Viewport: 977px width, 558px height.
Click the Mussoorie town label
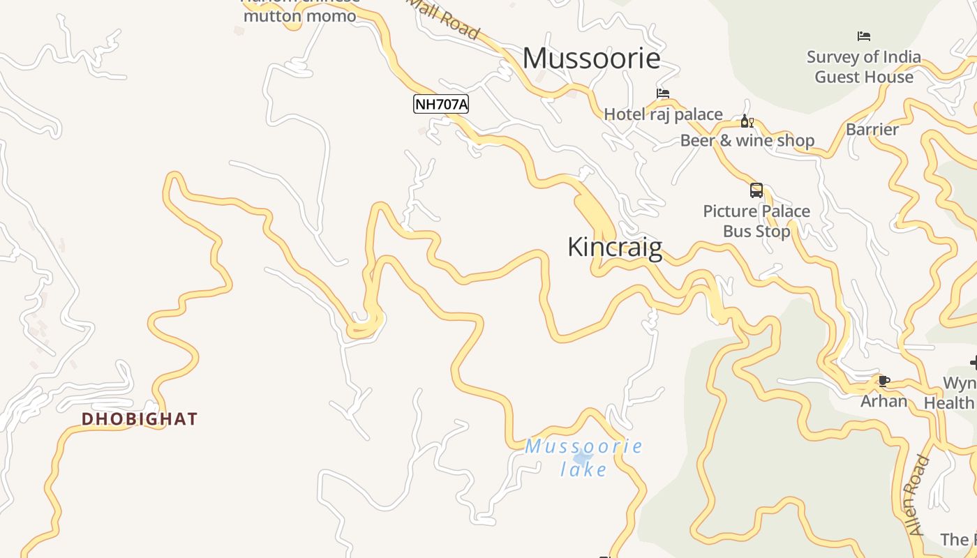click(591, 58)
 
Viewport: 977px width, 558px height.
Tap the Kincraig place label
click(615, 247)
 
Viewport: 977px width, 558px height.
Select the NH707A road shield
click(441, 105)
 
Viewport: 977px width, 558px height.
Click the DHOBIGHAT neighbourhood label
click(140, 419)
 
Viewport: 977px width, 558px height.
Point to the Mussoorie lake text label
click(584, 458)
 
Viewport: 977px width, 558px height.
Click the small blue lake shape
click(581, 458)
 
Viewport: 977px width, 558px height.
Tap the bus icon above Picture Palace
click(756, 190)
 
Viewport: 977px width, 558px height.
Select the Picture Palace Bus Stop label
click(756, 221)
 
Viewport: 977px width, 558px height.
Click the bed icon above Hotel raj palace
click(663, 93)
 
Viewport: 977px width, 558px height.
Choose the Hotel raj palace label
click(663, 114)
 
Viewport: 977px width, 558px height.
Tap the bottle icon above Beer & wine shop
click(747, 121)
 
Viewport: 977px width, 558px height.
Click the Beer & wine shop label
click(747, 141)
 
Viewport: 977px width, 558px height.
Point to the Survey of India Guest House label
click(864, 67)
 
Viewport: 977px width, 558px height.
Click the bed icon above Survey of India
click(864, 36)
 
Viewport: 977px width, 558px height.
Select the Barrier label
click(872, 130)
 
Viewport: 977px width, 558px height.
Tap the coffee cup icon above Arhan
click(883, 381)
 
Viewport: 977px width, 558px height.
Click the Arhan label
click(883, 401)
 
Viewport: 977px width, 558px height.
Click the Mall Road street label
click(444, 20)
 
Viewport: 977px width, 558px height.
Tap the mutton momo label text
click(300, 15)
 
